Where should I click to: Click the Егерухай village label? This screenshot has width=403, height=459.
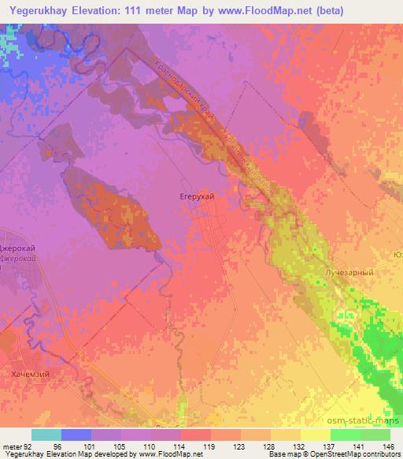193,192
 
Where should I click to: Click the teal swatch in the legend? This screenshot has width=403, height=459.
46,435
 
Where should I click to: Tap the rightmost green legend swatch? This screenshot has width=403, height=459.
375,435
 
